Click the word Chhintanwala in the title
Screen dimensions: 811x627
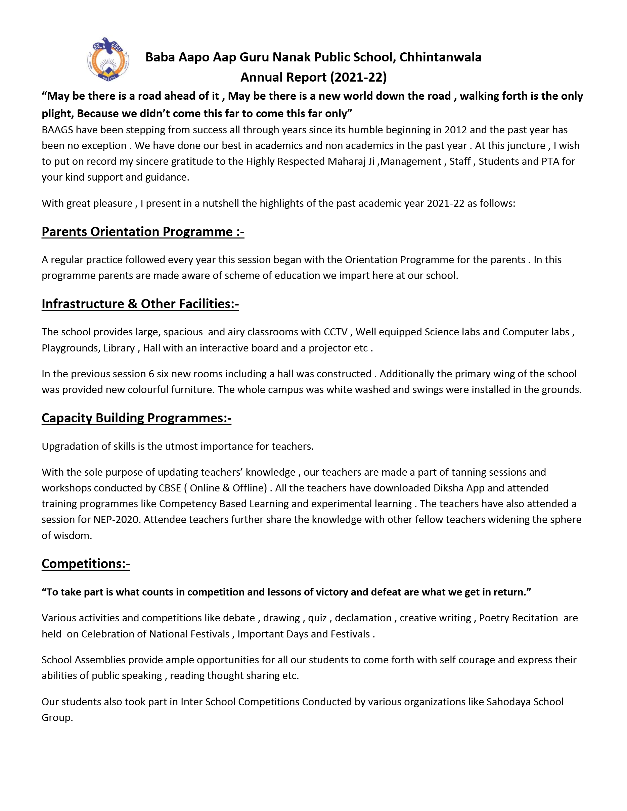coord(440,57)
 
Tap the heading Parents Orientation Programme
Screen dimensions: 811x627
coord(143,232)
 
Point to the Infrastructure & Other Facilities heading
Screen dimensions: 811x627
coord(140,304)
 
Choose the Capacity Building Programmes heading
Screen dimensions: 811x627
coord(136,418)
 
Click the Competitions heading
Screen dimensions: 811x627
coord(85,563)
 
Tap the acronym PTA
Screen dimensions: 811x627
coord(549,161)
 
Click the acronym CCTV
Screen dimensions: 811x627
coord(335,332)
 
